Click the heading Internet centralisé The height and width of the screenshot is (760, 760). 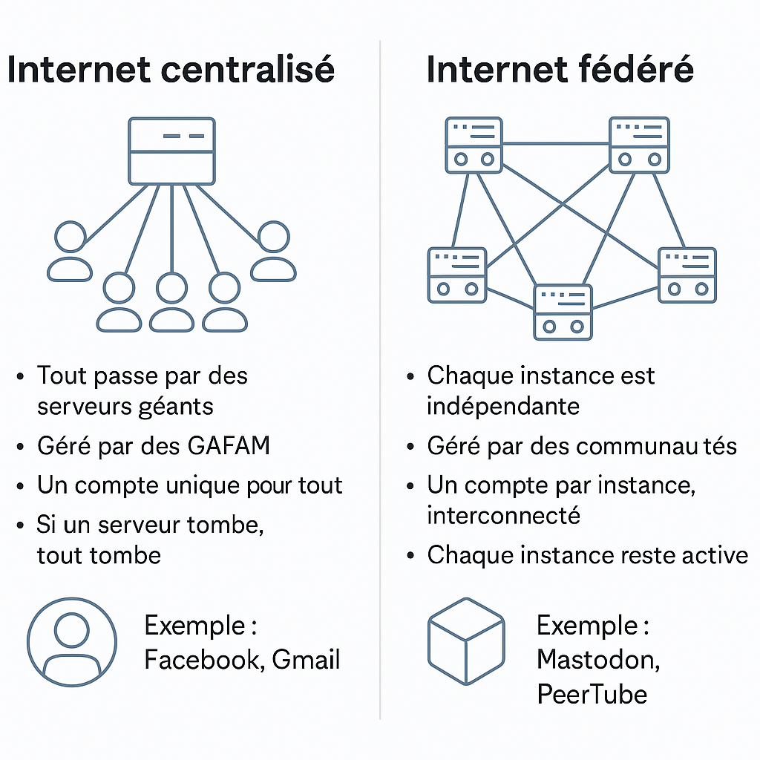[x=171, y=70]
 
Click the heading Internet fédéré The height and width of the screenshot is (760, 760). [x=560, y=70]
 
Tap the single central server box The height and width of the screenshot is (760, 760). [x=171, y=151]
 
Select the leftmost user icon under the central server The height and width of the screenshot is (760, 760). [x=71, y=251]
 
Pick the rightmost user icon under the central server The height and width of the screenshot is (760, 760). [x=273, y=251]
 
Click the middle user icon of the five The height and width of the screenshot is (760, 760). [x=171, y=302]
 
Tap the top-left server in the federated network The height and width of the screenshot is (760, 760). [x=474, y=144]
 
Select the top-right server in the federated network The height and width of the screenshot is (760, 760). [x=638, y=144]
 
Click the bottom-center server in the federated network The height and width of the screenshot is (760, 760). [x=563, y=312]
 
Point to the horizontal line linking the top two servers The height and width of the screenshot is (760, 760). [x=556, y=143]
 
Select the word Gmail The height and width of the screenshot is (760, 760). [x=306, y=659]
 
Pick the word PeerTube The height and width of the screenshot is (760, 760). [x=592, y=694]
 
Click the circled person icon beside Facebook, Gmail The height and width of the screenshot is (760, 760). [x=72, y=642]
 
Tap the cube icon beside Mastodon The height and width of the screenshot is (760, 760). [x=466, y=641]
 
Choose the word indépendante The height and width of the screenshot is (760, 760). [x=502, y=406]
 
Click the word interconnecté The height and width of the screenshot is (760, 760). [x=502, y=515]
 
